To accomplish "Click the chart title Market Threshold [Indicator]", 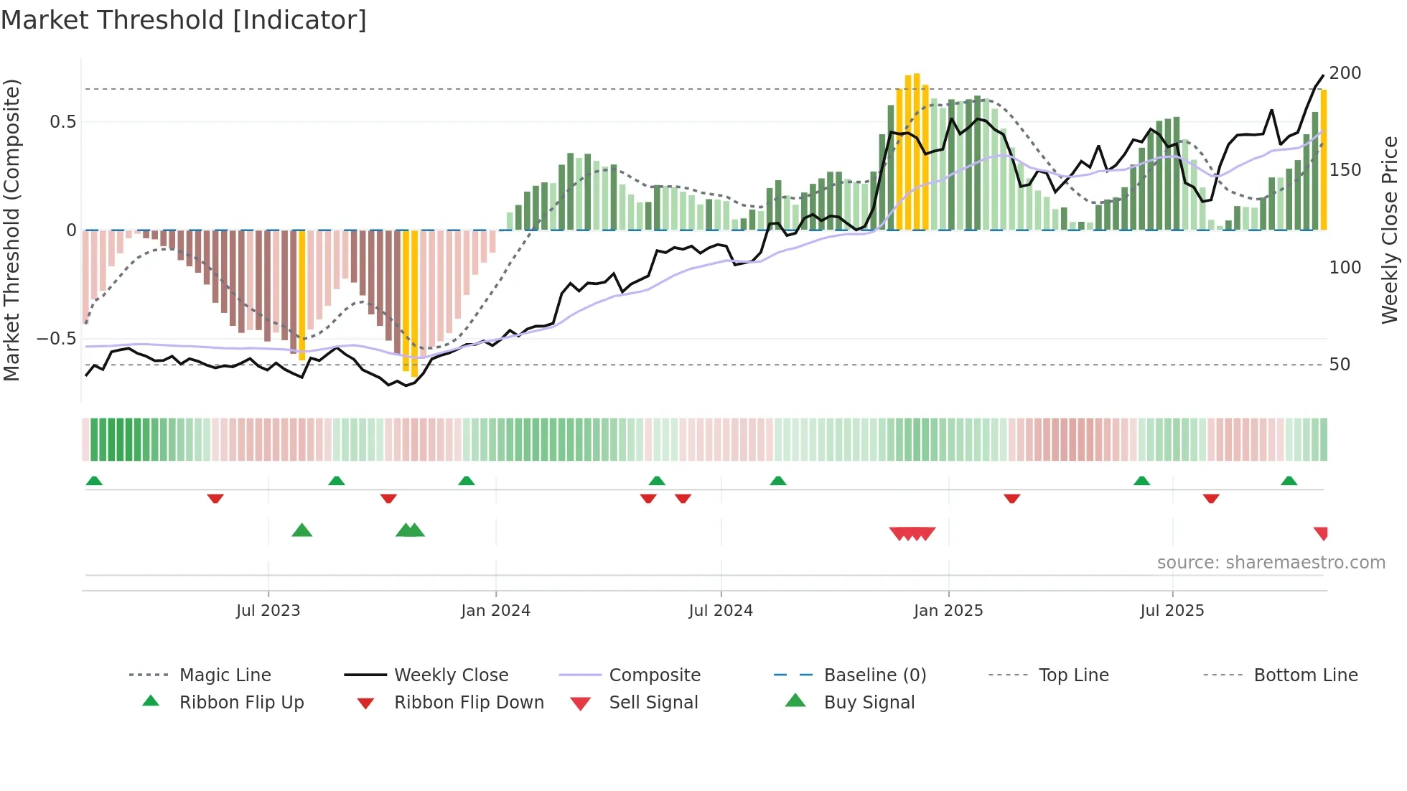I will pyautogui.click(x=184, y=20).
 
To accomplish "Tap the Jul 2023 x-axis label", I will pyautogui.click(x=268, y=610).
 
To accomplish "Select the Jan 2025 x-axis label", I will pyautogui.click(x=948, y=610).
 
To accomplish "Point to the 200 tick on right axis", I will pyautogui.click(x=1345, y=73).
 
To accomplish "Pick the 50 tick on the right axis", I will pyautogui.click(x=1340, y=365).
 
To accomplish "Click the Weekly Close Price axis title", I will pyautogui.click(x=1390, y=230).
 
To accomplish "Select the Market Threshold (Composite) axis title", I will pyautogui.click(x=11, y=230).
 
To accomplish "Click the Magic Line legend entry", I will pyautogui.click(x=225, y=675).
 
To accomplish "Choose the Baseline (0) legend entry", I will pyautogui.click(x=874, y=675).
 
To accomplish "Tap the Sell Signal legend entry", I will pyautogui.click(x=653, y=703).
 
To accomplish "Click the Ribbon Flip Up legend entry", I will pyautogui.click(x=241, y=703).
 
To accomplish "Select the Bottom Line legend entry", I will pyautogui.click(x=1305, y=675).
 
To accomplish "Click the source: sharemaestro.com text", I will pyautogui.click(x=1271, y=563).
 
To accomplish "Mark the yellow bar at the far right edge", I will pyautogui.click(x=1324, y=159).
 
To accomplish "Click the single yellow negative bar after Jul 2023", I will pyautogui.click(x=301, y=294).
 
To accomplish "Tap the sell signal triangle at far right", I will pyautogui.click(x=1321, y=533).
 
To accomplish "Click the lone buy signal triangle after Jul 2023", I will pyautogui.click(x=301, y=530).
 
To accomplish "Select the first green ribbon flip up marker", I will pyautogui.click(x=94, y=480).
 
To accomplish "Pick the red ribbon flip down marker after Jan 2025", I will pyautogui.click(x=1011, y=498).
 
